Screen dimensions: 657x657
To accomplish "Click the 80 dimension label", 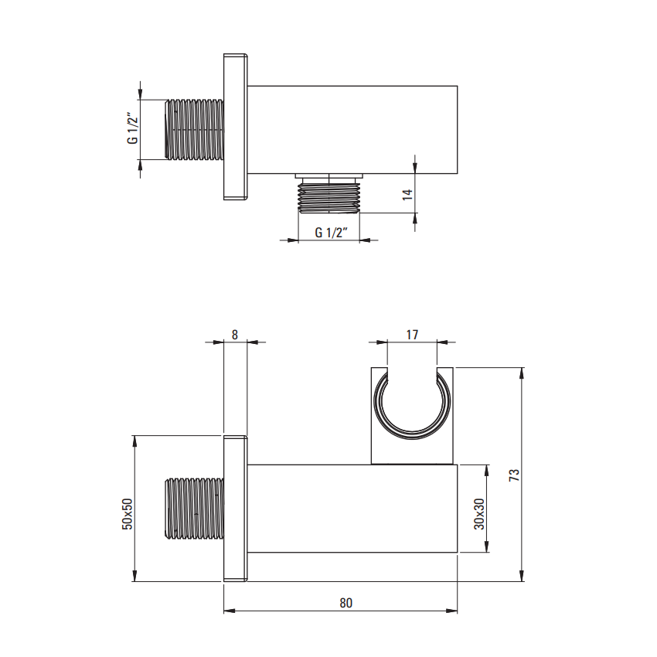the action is tap(346, 603).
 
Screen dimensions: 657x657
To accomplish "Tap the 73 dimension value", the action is tap(514, 475).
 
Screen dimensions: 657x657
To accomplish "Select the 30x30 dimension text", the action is tap(479, 514).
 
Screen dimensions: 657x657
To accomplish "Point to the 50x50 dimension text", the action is tap(127, 514).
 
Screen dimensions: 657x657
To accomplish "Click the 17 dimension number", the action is tap(412, 335).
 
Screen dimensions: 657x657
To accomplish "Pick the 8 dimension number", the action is tap(235, 335).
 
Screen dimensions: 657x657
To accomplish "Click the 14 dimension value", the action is tap(407, 195).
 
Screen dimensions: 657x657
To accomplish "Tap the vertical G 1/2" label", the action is tap(132, 128).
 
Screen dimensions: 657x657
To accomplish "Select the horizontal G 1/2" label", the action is tap(331, 232).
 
